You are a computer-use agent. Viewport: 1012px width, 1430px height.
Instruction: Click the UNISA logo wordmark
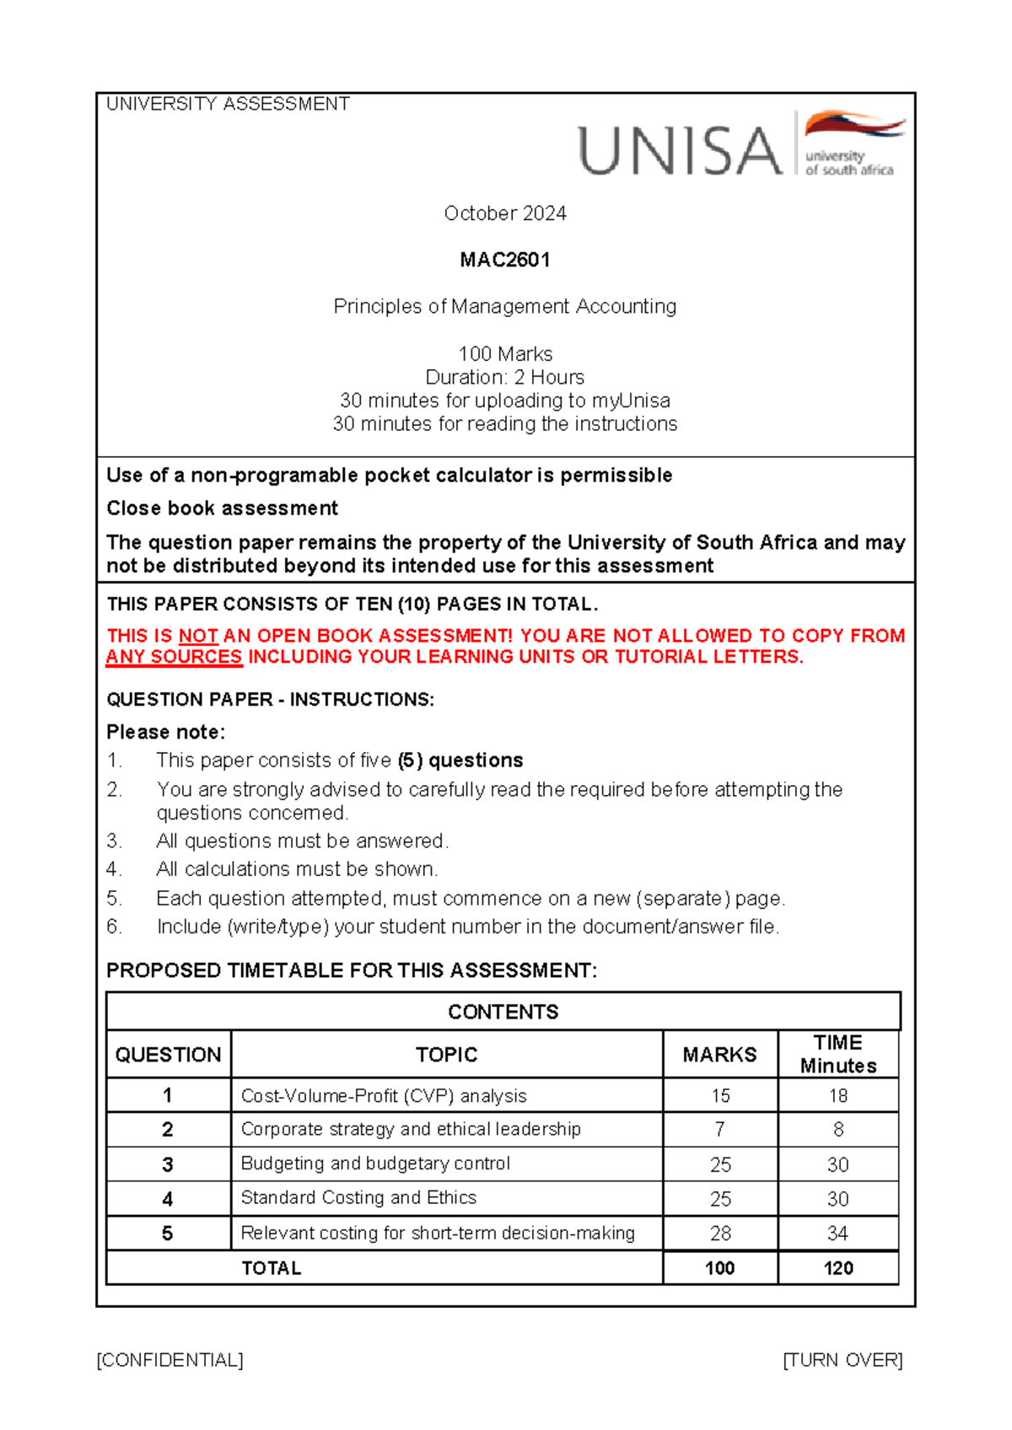(x=680, y=151)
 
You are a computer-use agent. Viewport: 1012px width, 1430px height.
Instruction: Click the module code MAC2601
(x=504, y=260)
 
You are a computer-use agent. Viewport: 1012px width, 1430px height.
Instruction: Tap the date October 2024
(x=504, y=213)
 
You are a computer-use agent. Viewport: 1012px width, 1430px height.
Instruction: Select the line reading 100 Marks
(x=504, y=354)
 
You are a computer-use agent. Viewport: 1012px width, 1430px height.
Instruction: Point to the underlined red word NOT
(x=198, y=636)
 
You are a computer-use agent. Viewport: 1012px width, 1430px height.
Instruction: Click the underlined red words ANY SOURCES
(x=174, y=657)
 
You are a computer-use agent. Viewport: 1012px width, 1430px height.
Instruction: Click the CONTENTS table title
(x=503, y=1012)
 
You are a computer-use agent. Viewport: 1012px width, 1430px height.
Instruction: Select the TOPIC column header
(x=446, y=1055)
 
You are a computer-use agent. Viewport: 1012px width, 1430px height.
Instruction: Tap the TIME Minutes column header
(x=837, y=1054)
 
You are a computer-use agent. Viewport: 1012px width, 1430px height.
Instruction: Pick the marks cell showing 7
(x=719, y=1129)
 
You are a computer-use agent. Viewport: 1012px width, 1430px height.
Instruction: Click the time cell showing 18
(x=837, y=1095)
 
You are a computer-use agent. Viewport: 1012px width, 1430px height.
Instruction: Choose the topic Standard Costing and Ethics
(x=358, y=1197)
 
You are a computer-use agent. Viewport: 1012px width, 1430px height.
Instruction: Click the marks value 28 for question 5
(x=719, y=1234)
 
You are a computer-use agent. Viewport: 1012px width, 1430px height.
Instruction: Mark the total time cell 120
(x=837, y=1268)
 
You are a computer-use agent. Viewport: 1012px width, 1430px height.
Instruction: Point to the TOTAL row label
(x=271, y=1268)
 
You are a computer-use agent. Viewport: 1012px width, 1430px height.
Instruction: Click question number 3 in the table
(x=167, y=1164)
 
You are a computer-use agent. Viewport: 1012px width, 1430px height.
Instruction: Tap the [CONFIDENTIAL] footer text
(x=170, y=1360)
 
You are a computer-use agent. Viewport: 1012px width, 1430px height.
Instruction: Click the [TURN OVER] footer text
(x=842, y=1360)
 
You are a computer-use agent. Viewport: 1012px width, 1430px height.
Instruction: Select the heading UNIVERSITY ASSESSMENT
(x=228, y=104)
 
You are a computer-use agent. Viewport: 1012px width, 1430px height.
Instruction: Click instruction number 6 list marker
(x=115, y=927)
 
